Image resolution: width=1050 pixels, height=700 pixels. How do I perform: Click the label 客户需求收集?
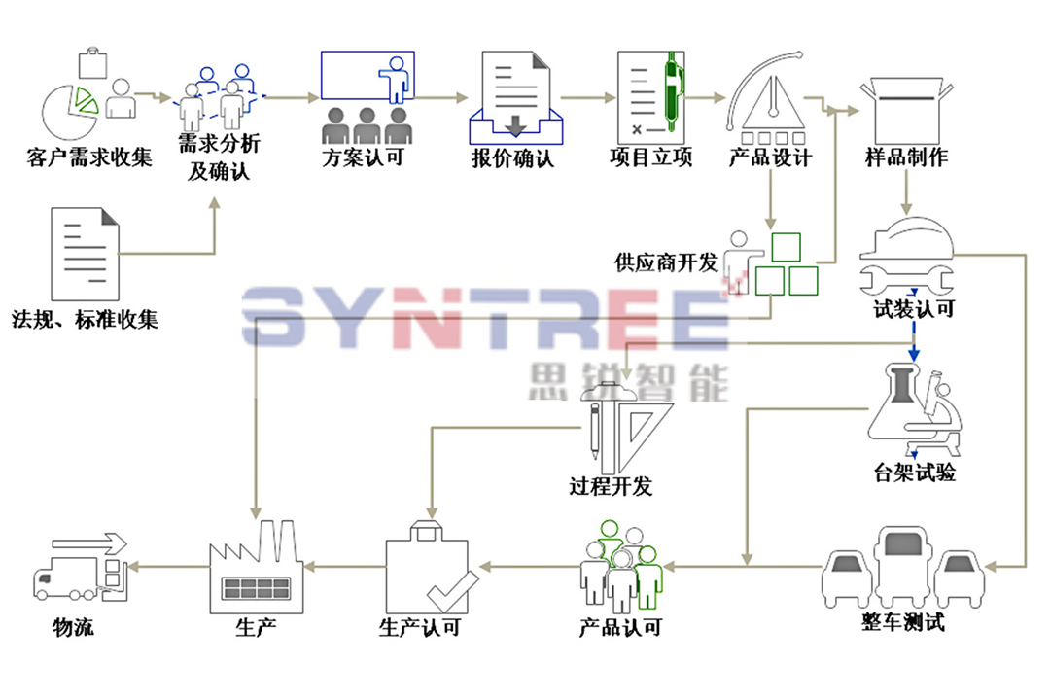point(88,157)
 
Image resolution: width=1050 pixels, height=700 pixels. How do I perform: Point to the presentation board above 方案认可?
point(367,77)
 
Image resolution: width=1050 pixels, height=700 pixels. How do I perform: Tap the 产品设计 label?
point(769,157)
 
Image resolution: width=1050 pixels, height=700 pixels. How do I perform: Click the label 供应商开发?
point(666,262)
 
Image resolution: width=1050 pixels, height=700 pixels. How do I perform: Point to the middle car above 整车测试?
point(904,563)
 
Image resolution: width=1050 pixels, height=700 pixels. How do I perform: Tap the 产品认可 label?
point(619,627)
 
